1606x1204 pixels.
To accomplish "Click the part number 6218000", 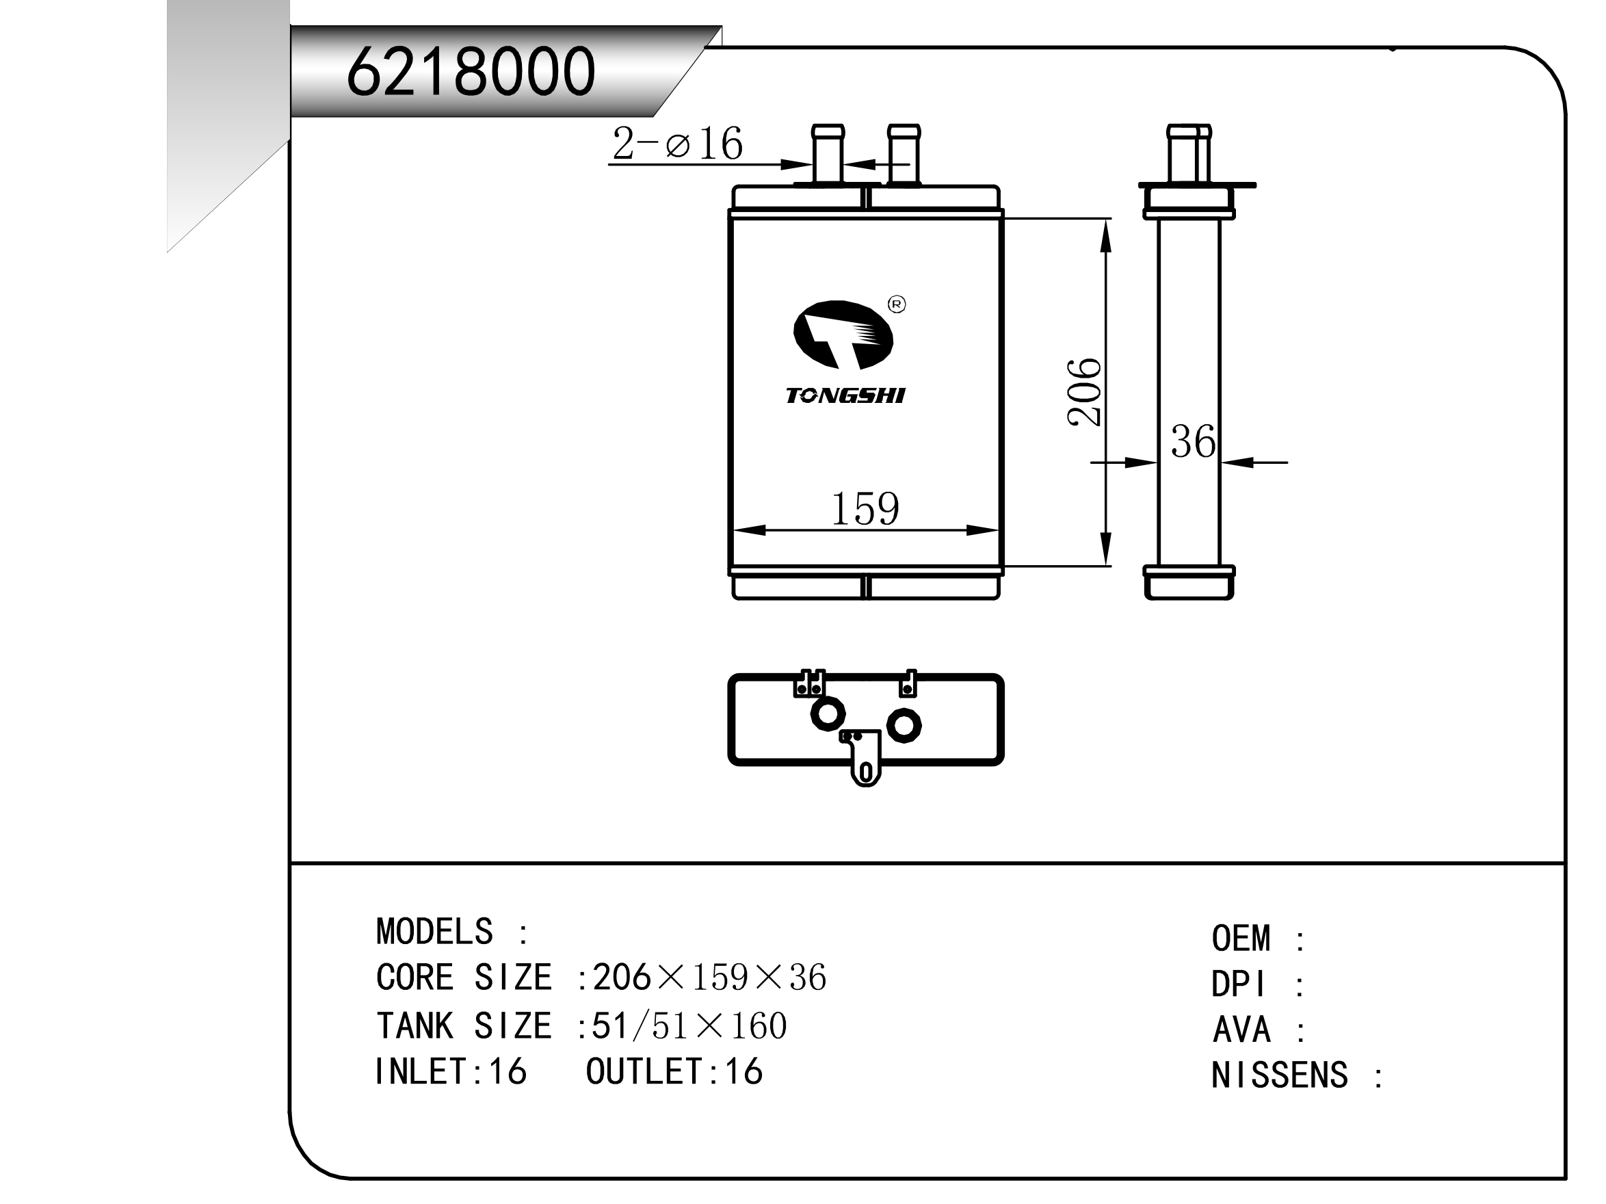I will [471, 71].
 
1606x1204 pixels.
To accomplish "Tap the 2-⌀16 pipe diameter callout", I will [676, 143].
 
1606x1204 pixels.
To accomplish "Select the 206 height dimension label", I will [1084, 391].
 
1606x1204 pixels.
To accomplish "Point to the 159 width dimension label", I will [864, 508].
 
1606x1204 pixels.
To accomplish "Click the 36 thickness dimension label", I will [1192, 441].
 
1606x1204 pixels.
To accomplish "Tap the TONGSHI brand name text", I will [845, 396].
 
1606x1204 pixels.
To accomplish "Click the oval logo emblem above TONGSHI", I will [842, 335].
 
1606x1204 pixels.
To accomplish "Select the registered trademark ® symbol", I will [897, 304].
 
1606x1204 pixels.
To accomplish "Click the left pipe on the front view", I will [827, 155].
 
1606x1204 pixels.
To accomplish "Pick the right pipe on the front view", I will [904, 155].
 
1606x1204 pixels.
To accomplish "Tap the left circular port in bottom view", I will [827, 714].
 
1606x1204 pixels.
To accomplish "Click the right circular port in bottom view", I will [904, 724].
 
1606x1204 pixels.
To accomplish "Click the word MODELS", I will [434, 932].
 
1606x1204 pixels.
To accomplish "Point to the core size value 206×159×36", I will [709, 978].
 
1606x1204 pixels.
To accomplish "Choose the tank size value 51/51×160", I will [689, 1025].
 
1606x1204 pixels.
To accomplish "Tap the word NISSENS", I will [1278, 1075].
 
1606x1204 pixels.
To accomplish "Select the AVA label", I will [1241, 1029].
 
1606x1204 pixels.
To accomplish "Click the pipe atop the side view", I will [1188, 154].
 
